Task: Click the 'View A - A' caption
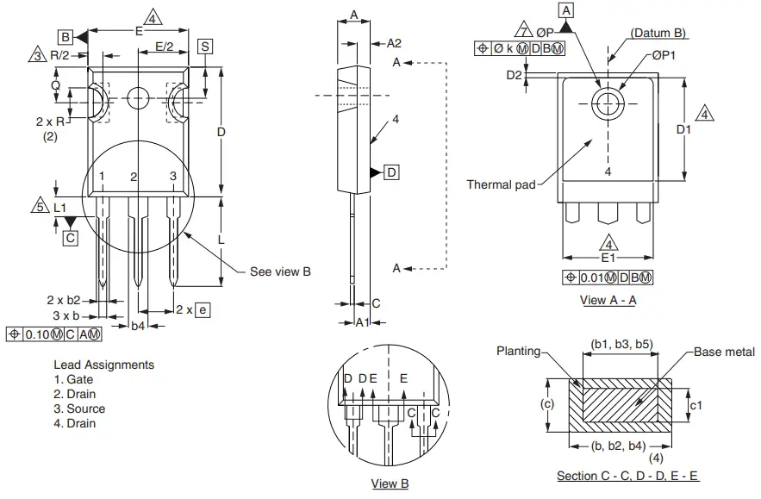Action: click(608, 300)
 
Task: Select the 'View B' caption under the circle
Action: click(390, 483)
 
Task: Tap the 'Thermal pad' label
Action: click(501, 184)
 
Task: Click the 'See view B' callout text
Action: click(280, 271)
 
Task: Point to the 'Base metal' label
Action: click(724, 352)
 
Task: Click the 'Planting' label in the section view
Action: click(519, 351)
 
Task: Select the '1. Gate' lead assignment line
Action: click(73, 379)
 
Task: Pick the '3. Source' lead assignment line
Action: click(79, 409)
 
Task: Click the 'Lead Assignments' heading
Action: click(103, 365)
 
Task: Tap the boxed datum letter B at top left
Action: click(65, 36)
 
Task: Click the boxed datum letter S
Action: click(204, 46)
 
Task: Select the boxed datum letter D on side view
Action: click(391, 172)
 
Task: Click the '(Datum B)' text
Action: click(658, 33)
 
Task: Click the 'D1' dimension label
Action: click(683, 129)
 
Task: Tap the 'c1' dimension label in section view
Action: click(701, 403)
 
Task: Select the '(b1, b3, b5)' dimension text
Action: click(621, 344)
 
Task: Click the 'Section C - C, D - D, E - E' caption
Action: click(627, 476)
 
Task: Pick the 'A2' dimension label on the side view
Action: click(394, 43)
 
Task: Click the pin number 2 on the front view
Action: click(134, 177)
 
